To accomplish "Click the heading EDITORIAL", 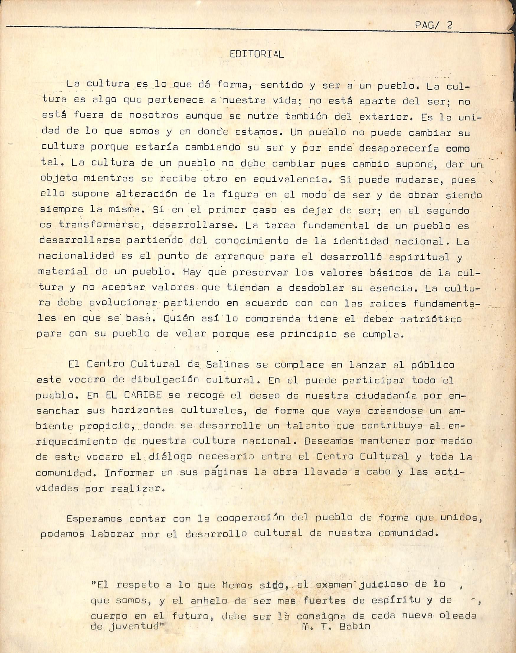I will [257, 54].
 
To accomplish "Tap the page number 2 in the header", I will [450, 25].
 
